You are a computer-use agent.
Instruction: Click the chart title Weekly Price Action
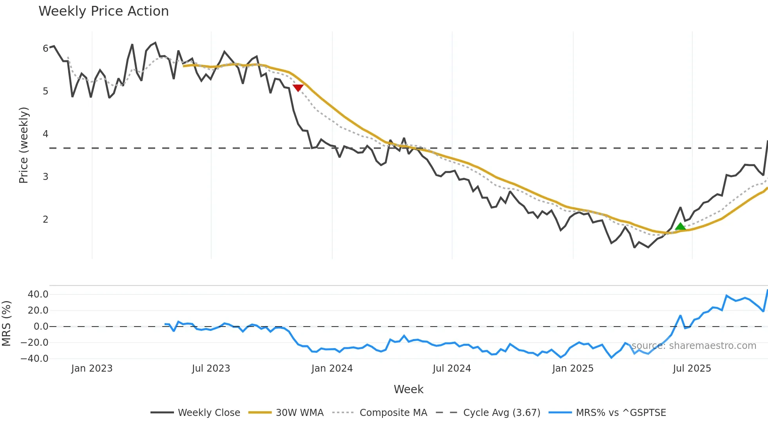pos(103,11)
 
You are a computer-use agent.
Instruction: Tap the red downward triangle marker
pos(298,88)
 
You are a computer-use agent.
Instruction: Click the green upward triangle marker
pos(680,226)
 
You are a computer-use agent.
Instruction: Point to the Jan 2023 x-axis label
pos(92,368)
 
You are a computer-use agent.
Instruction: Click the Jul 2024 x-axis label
pos(452,368)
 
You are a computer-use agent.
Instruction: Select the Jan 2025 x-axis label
pos(573,368)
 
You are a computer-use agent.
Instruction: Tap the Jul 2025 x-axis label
pos(692,368)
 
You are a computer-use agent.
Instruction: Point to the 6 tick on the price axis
pos(45,49)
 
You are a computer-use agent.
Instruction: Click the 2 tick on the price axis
pos(45,220)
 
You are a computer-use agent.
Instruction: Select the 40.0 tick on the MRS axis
pos(38,294)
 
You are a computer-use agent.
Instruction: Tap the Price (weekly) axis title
pos(24,145)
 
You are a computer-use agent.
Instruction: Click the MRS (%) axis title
pos(6,323)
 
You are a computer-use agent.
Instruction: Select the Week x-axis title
pos(408,389)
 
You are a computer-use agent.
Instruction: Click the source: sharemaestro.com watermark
pos(694,346)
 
